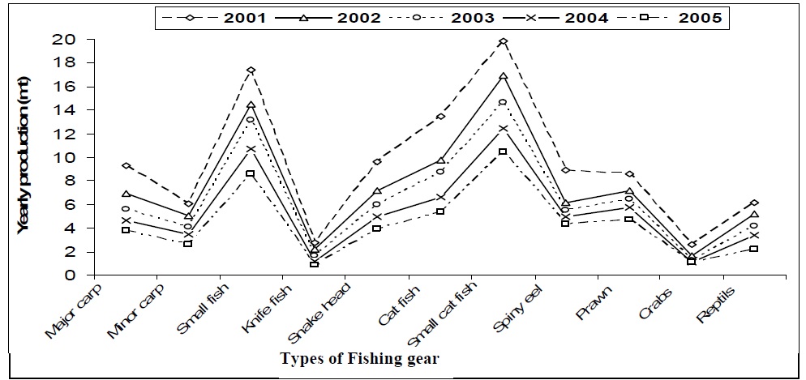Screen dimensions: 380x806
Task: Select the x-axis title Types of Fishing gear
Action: click(x=359, y=357)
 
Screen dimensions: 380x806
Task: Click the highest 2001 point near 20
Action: click(x=503, y=41)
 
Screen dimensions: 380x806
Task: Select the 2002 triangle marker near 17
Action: click(x=503, y=76)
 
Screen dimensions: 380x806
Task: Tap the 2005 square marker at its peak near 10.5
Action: click(x=503, y=152)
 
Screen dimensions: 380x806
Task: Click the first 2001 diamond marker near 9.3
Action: click(x=126, y=165)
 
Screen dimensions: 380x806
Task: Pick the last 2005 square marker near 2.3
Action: click(x=754, y=249)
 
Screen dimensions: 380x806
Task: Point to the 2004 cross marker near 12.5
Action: click(x=503, y=128)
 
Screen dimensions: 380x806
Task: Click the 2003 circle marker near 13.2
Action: click(x=251, y=120)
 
